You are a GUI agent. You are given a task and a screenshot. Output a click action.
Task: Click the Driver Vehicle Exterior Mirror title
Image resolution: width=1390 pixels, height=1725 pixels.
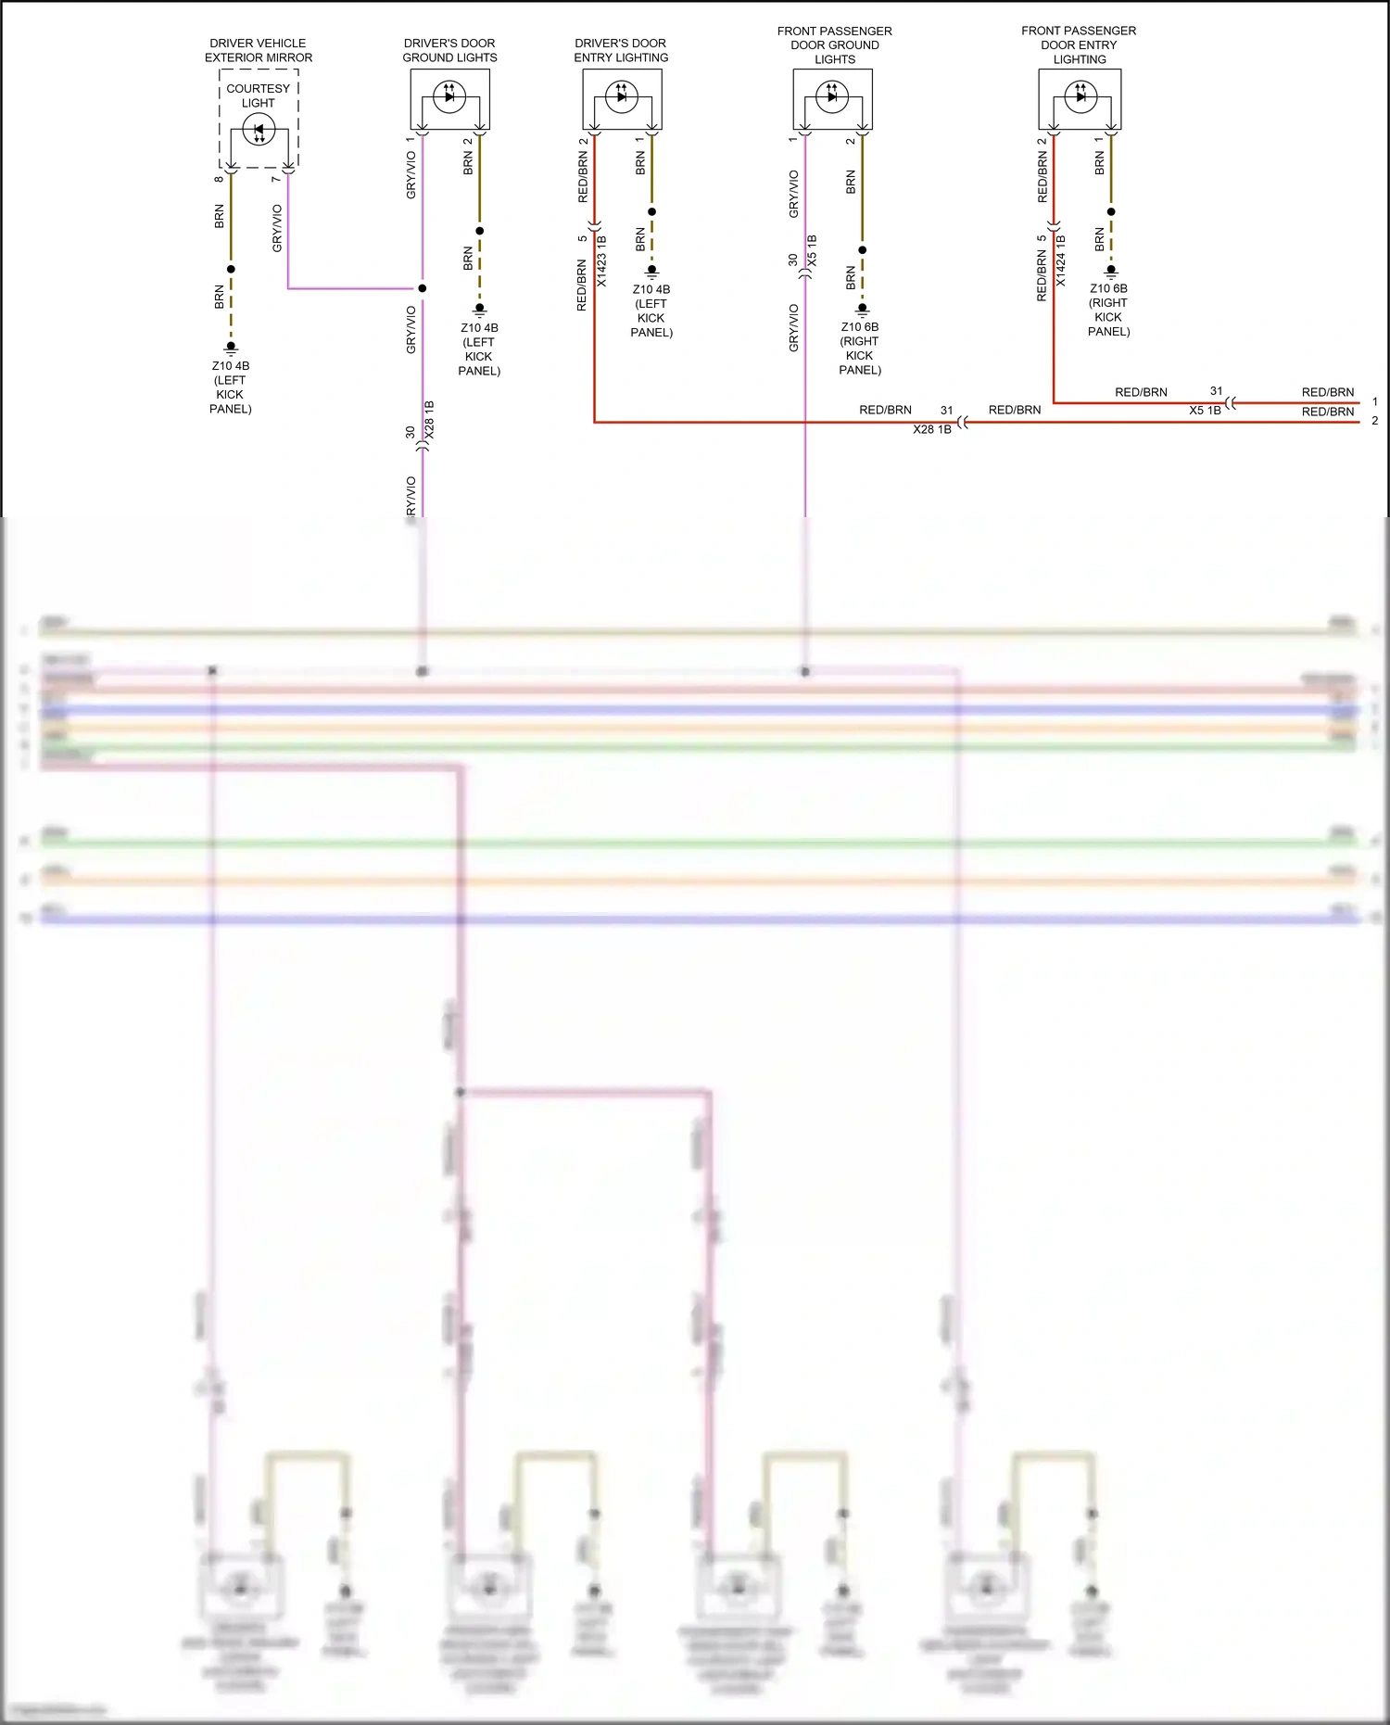(259, 50)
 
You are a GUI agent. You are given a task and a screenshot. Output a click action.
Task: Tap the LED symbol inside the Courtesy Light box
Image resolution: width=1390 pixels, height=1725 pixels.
(259, 131)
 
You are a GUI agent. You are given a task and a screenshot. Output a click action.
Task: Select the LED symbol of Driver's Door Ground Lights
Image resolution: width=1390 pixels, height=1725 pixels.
(449, 95)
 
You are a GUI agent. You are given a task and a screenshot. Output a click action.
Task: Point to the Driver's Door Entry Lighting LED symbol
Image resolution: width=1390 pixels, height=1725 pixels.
(621, 95)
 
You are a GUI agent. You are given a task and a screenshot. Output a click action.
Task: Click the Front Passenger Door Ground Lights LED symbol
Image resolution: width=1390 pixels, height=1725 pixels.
(832, 95)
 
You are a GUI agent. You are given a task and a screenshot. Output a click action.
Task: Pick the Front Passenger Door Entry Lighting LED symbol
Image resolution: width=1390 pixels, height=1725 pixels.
(1080, 95)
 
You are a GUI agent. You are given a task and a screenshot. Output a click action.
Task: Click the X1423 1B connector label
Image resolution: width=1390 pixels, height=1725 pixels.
(601, 261)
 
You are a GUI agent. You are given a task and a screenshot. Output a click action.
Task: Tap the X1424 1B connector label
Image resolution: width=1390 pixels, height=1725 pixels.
(1061, 260)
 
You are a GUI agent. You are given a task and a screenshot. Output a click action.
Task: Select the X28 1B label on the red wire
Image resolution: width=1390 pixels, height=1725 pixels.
(932, 430)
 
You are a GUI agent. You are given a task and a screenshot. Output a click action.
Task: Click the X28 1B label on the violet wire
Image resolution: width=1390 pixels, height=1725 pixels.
(429, 420)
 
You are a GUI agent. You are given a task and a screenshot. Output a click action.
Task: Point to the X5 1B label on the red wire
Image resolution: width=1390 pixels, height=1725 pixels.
(1205, 411)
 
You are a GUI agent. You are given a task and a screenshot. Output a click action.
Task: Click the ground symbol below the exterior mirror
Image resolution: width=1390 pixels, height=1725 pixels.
(231, 349)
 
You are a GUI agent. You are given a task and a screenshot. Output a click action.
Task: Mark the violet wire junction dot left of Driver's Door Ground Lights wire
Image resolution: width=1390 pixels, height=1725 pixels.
(423, 288)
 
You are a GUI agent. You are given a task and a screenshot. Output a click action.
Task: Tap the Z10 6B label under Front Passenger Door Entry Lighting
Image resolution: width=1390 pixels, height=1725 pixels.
(1108, 288)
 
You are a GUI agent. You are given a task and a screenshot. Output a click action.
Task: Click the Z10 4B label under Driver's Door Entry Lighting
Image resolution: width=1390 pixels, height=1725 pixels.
(651, 289)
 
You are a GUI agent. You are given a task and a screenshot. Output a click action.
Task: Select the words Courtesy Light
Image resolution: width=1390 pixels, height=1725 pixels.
(259, 95)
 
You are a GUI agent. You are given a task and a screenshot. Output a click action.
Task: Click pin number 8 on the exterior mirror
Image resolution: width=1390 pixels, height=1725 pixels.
(219, 179)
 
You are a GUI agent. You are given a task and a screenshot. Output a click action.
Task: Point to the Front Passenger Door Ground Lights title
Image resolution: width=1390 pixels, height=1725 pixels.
(835, 44)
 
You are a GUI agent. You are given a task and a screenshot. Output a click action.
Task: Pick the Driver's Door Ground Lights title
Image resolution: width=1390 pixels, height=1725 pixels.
(449, 50)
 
